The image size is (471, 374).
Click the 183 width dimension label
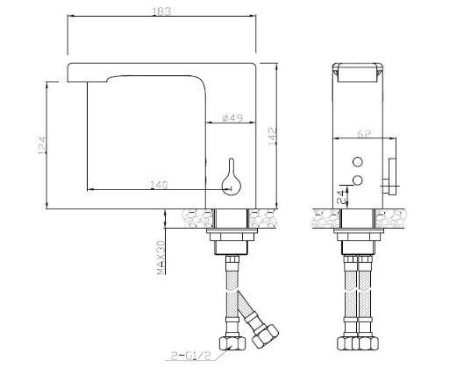[x=162, y=11]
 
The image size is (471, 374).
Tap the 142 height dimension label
[x=273, y=137]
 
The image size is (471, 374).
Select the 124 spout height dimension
[x=42, y=145]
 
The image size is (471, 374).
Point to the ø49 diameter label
[x=232, y=118]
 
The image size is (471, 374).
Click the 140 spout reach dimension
[x=159, y=185]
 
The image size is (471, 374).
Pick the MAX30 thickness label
[x=161, y=257]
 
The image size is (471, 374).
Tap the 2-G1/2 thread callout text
[x=191, y=356]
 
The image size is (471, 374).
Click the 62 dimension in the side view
[x=364, y=134]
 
